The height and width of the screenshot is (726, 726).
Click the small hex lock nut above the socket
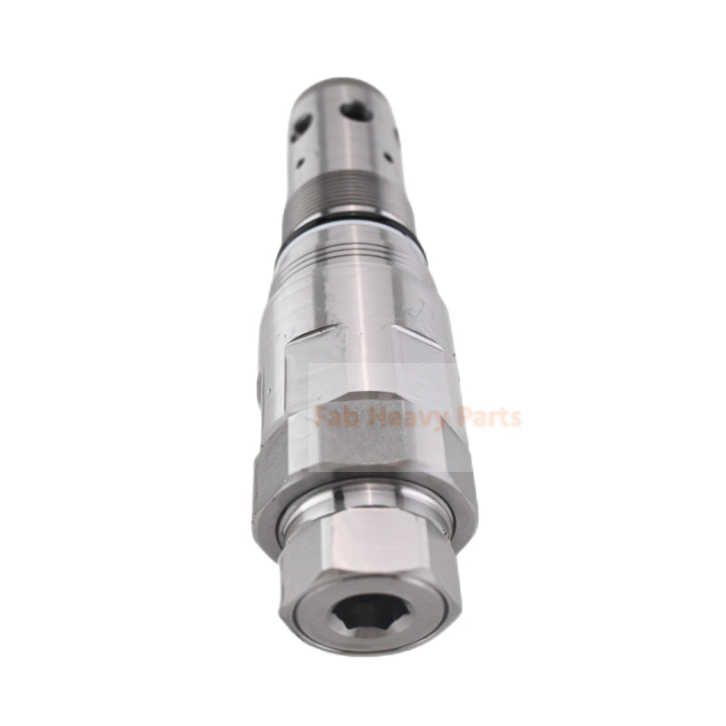coord(370,544)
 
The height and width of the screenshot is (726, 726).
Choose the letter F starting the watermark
coord(320,417)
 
